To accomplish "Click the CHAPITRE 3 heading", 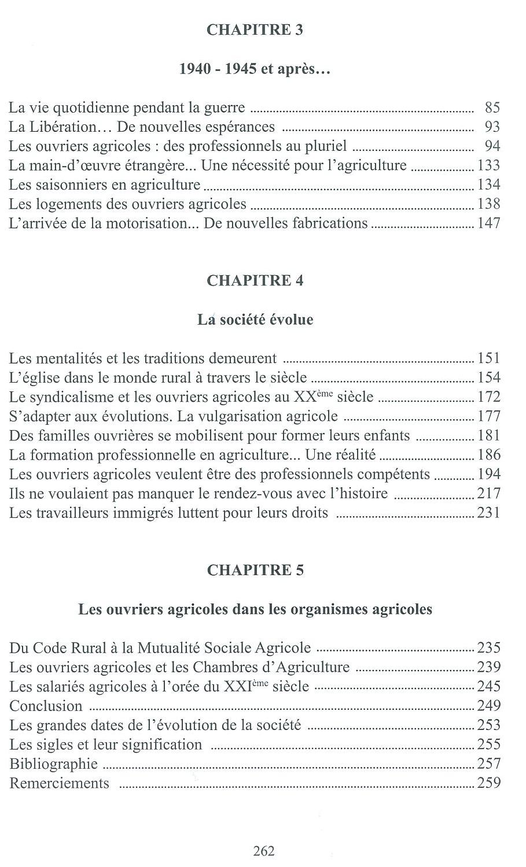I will pos(255,30).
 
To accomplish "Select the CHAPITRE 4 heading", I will pos(255,281).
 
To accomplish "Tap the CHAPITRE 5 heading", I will pos(255,570).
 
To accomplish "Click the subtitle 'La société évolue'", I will pos(255,320).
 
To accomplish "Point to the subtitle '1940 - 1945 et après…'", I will pos(255,69).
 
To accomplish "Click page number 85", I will pos(492,108).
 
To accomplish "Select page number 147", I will pos(489,223).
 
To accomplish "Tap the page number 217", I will pos(489,494).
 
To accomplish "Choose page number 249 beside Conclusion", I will pos(489,706).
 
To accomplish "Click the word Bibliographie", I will pos(54,764).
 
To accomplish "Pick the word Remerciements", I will pos(60,783).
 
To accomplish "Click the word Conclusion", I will pos(46,706).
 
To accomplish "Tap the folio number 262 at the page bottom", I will pos(263,851).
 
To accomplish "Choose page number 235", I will pos(489,648).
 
